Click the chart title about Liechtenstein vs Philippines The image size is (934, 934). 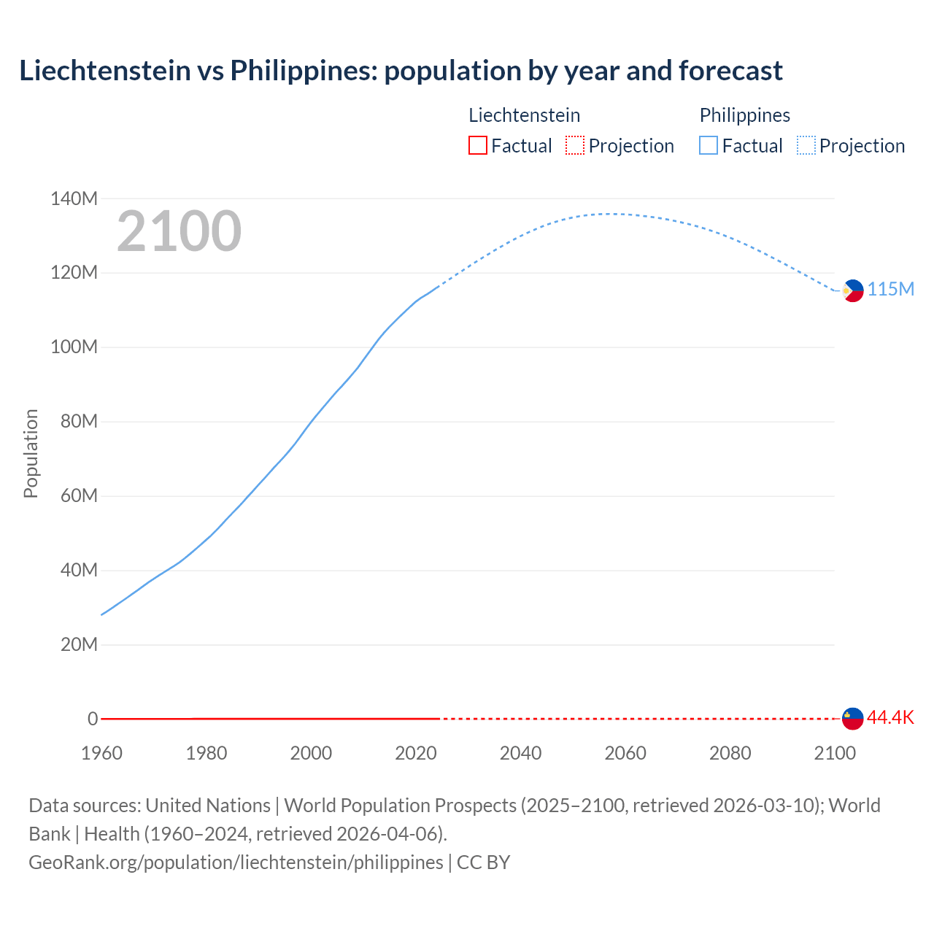point(401,71)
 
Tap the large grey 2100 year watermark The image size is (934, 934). point(179,231)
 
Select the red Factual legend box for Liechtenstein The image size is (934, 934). point(477,145)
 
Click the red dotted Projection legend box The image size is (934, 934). point(575,145)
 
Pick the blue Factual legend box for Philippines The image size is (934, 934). point(709,145)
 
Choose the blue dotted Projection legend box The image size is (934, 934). point(806,145)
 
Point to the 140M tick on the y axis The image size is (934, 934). point(74,198)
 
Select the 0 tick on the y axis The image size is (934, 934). point(92,719)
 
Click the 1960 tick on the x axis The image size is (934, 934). point(101,753)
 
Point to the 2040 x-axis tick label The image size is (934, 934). point(520,753)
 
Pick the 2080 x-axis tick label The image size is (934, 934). point(730,753)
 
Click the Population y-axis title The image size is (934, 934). point(31,453)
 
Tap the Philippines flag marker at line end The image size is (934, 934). point(852,290)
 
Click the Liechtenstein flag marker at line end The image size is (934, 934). point(852,718)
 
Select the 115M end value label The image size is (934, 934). point(891,290)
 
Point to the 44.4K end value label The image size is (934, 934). point(890,717)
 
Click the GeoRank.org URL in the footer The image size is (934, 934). point(236,862)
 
